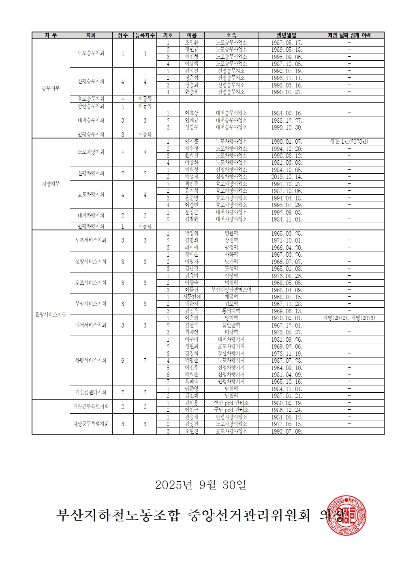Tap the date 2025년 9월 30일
[201, 485]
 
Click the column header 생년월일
[287, 36]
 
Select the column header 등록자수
[145, 36]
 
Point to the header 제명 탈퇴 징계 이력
[349, 36]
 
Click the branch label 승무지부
[51, 88]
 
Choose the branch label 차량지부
[51, 184]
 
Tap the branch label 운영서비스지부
[51, 315]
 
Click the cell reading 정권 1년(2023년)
[349, 142]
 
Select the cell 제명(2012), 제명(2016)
[349, 318]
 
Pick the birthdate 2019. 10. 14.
[287, 177]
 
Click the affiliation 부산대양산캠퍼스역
[231, 290]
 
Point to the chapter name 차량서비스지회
[91, 360]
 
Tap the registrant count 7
[145, 360]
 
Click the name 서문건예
[191, 297]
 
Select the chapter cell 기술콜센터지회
[91, 392]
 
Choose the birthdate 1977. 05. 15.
[287, 424]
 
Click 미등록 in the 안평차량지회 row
[145, 226]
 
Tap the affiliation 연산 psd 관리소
[231, 403]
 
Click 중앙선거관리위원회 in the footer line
[249, 515]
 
